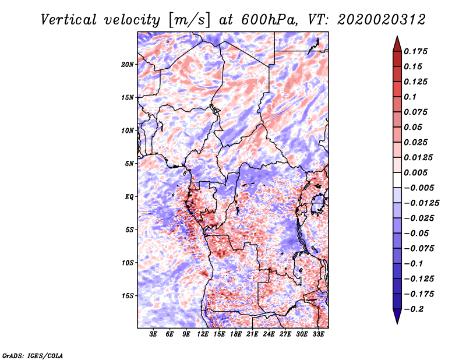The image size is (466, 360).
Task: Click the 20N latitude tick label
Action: [x=128, y=64]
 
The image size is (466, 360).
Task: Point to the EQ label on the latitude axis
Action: [x=129, y=197]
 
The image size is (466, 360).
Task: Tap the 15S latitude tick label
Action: [x=128, y=296]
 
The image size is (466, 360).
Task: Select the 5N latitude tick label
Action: [x=129, y=164]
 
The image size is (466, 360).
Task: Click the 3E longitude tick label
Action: [x=154, y=334]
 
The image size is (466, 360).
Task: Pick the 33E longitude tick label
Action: [x=319, y=334]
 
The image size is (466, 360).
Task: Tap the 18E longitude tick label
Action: [x=236, y=334]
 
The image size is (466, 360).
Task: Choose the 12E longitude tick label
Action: [x=203, y=334]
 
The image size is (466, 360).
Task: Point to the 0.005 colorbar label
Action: [x=416, y=172]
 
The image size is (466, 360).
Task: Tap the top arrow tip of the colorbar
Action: [x=397, y=38]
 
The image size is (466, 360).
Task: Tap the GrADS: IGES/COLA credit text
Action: [x=33, y=355]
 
